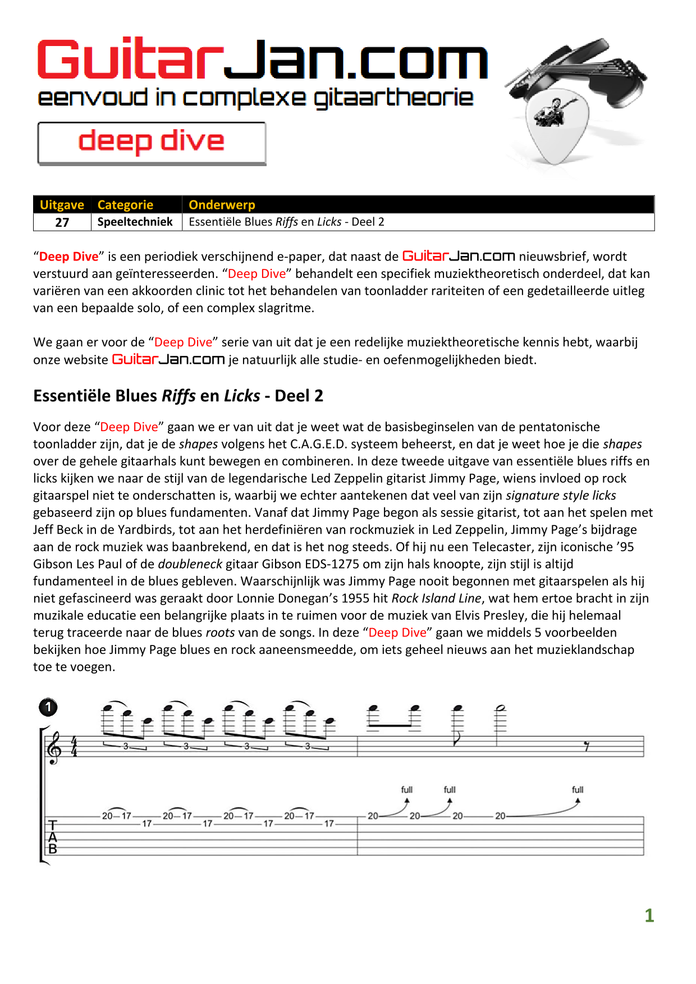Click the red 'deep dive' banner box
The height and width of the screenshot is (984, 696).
point(152,143)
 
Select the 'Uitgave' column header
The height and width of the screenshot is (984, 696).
point(62,205)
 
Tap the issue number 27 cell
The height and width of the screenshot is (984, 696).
point(62,222)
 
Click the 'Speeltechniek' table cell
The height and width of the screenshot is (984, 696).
point(135,222)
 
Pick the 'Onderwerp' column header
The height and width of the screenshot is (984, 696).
point(222,205)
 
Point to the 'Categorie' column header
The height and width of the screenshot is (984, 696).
point(125,205)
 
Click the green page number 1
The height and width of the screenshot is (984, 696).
point(649,916)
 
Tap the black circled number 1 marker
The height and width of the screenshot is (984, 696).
point(48,707)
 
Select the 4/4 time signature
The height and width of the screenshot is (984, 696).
point(74,747)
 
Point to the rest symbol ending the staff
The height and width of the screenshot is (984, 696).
point(587,747)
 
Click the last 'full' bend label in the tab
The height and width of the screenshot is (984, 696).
point(578,790)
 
